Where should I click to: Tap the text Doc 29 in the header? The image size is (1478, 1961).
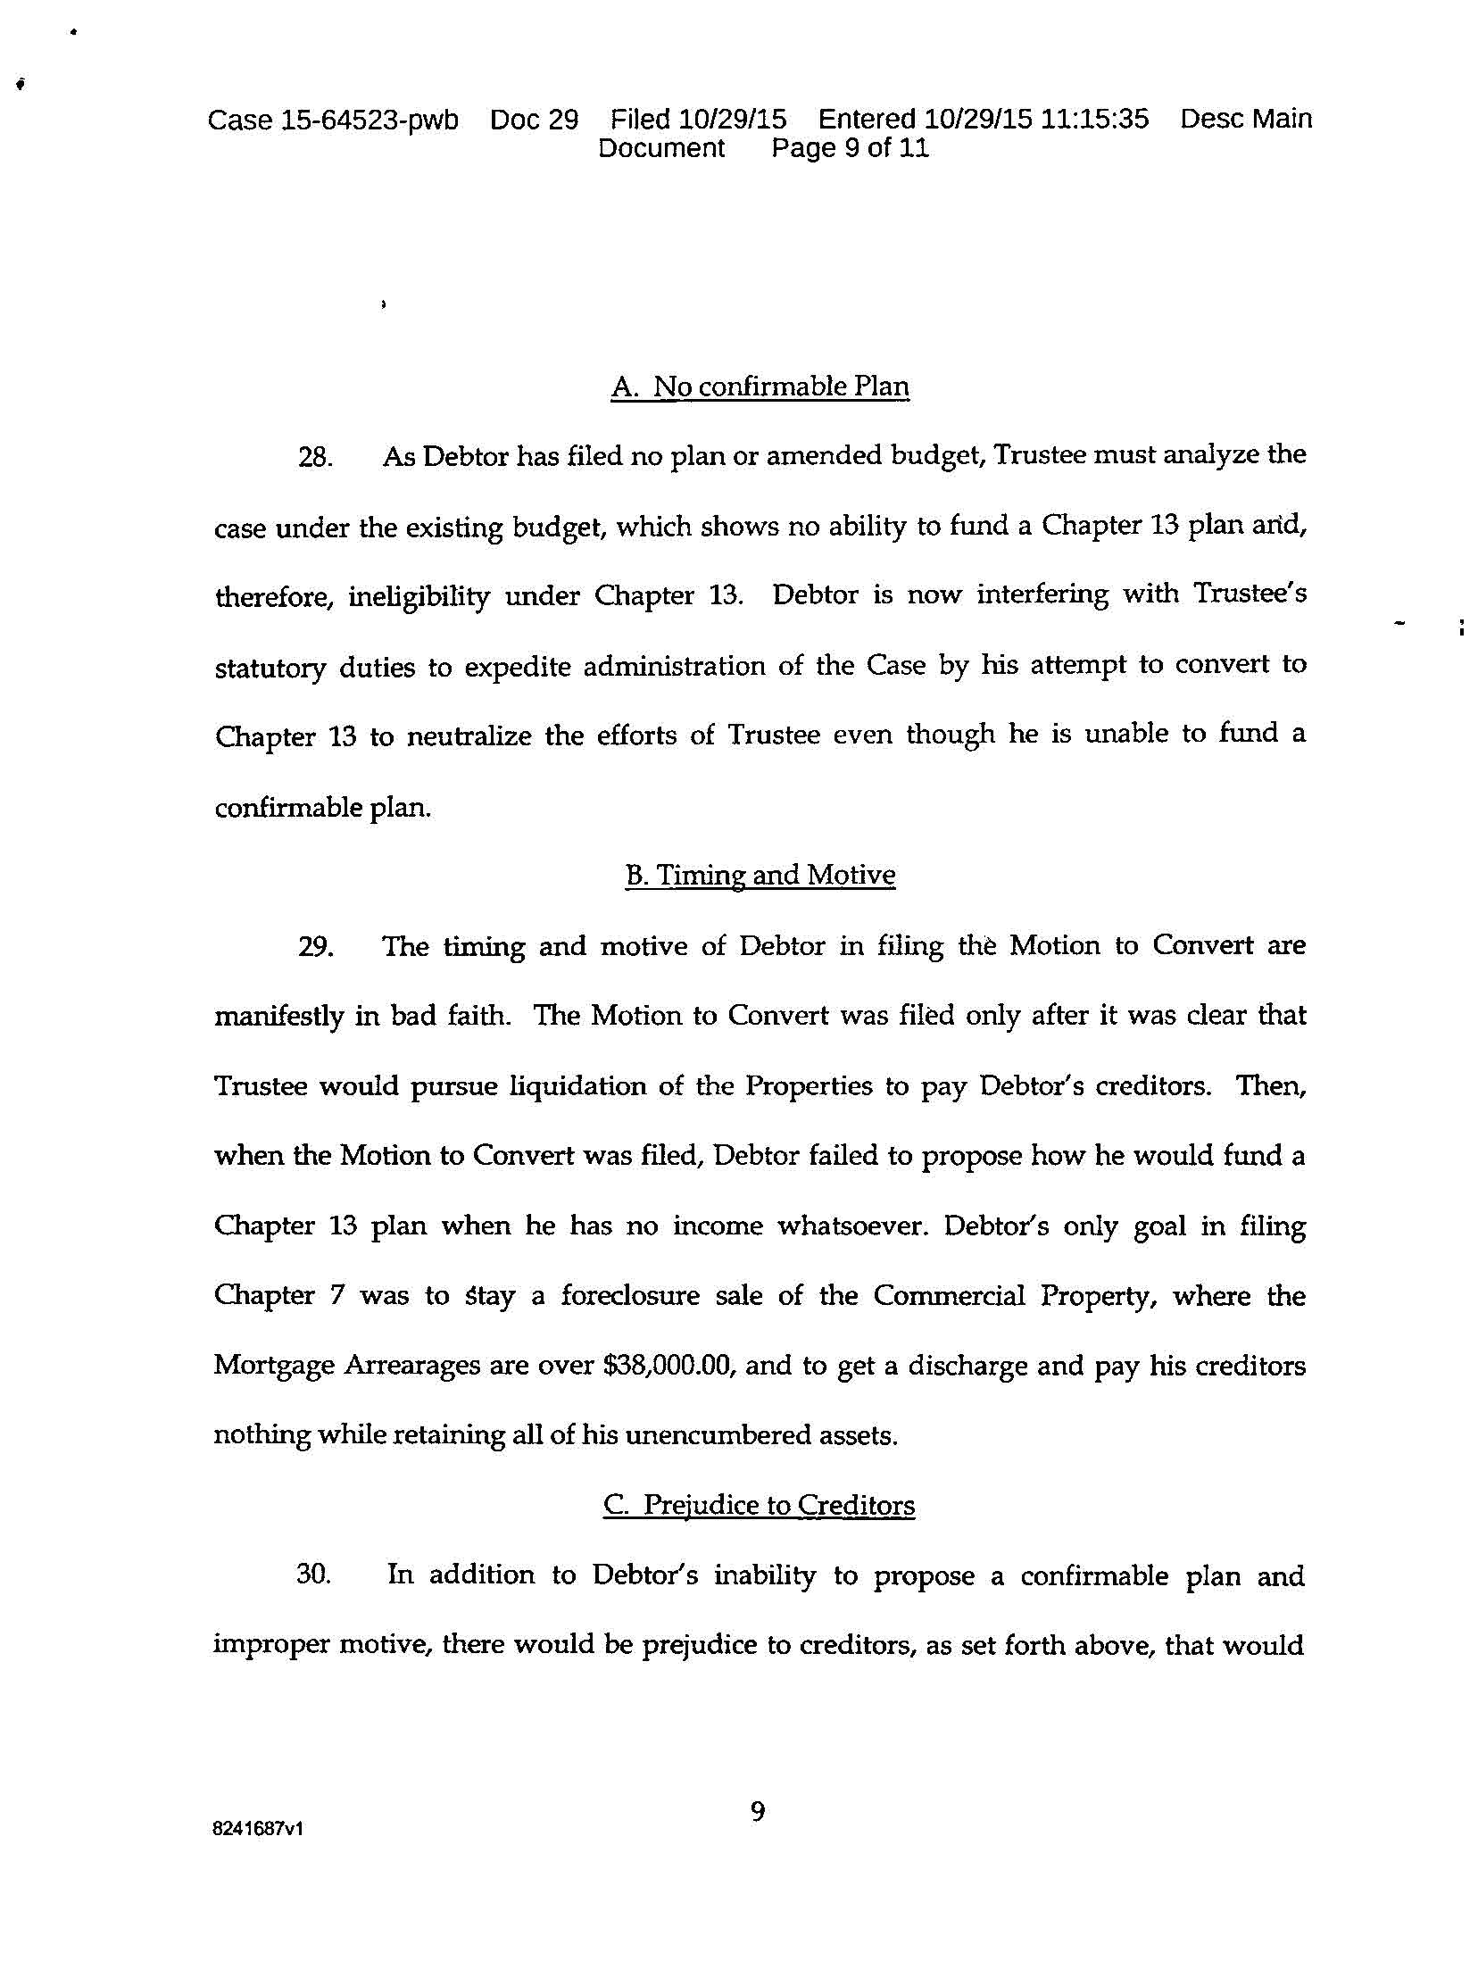tap(534, 120)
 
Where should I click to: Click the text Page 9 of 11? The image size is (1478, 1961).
tap(850, 148)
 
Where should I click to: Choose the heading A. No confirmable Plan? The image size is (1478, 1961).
tap(760, 386)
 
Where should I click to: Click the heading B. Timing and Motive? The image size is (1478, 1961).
tap(760, 875)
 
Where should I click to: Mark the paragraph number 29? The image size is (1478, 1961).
tap(315, 947)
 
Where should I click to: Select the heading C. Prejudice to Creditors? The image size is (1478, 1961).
tap(759, 1505)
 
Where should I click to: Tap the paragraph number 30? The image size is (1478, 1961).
tap(314, 1575)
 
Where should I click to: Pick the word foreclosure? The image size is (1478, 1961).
tap(630, 1295)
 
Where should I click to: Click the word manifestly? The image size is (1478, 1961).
tap(278, 1017)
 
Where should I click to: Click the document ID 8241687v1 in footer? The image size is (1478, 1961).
tap(258, 1829)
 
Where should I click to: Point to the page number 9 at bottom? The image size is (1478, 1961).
tap(758, 1813)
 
